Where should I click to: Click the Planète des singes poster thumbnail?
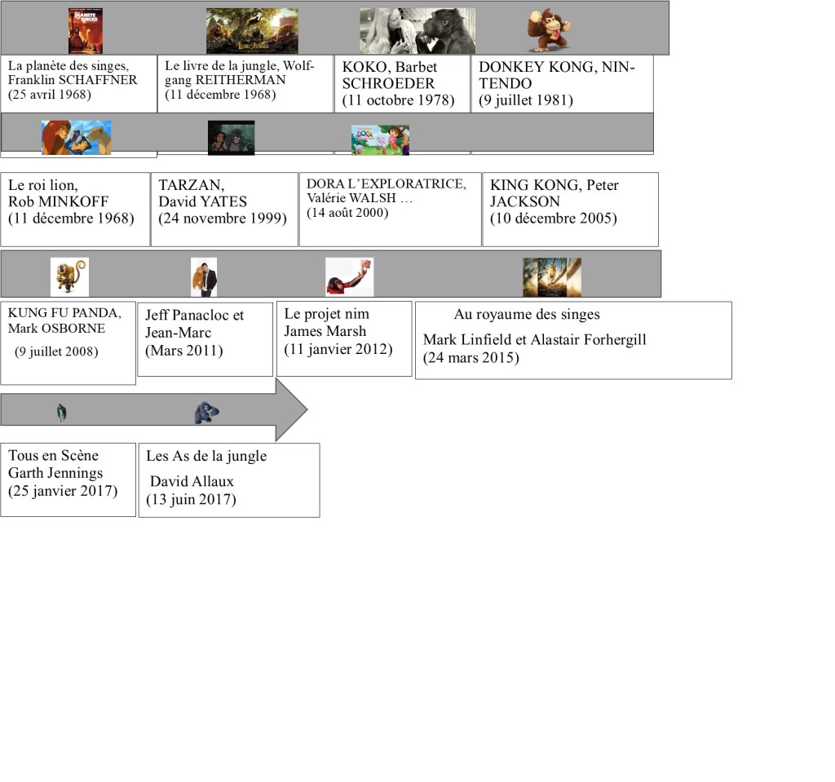85,31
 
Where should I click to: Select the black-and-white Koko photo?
417,31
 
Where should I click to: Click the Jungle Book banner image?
252,31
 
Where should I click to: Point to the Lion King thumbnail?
76,137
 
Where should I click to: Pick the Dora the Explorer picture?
380,139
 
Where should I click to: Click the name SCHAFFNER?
98,80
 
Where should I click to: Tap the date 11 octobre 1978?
398,100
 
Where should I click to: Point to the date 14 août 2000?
347,213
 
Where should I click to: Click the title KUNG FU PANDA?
64,314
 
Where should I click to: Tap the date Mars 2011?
184,351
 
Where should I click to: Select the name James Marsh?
325,331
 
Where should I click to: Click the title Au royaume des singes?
527,314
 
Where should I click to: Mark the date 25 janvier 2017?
63,491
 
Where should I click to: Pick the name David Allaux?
192,481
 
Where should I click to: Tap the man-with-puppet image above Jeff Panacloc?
203,277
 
